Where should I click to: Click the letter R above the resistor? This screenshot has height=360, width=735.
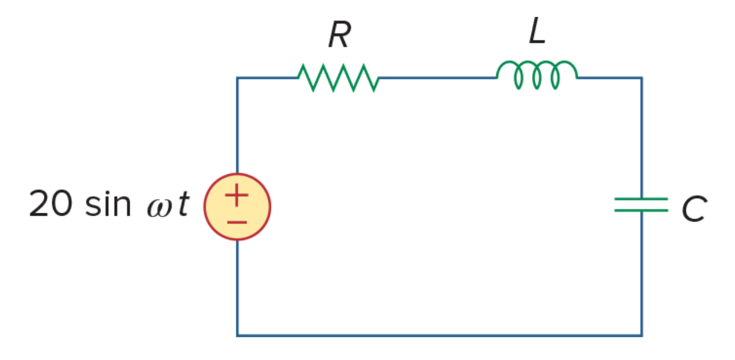[340, 34]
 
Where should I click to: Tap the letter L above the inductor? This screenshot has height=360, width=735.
[537, 30]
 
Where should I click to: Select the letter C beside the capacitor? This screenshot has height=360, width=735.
[694, 209]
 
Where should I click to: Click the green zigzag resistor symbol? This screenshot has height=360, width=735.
[339, 78]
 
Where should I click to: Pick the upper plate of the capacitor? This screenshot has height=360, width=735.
[641, 199]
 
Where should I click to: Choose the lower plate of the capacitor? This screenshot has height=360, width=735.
[641, 210]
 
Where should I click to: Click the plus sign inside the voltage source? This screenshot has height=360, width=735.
[237, 195]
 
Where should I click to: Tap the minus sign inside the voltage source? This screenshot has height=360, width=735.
[237, 222]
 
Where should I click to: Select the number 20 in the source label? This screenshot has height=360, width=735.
[51, 203]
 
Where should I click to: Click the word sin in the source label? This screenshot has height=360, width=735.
[108, 203]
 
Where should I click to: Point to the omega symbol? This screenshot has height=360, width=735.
[160, 208]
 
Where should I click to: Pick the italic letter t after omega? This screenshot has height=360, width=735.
[184, 203]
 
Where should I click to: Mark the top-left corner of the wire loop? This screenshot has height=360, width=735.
[237, 78]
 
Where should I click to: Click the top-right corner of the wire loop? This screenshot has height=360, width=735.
[642, 78]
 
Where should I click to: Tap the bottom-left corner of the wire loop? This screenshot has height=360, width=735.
[237, 335]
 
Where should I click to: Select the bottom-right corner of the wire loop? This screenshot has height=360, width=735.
[642, 335]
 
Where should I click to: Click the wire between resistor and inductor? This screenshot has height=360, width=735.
[438, 78]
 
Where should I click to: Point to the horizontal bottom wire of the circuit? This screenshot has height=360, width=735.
[440, 335]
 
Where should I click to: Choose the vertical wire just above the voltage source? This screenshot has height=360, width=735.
[237, 125]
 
